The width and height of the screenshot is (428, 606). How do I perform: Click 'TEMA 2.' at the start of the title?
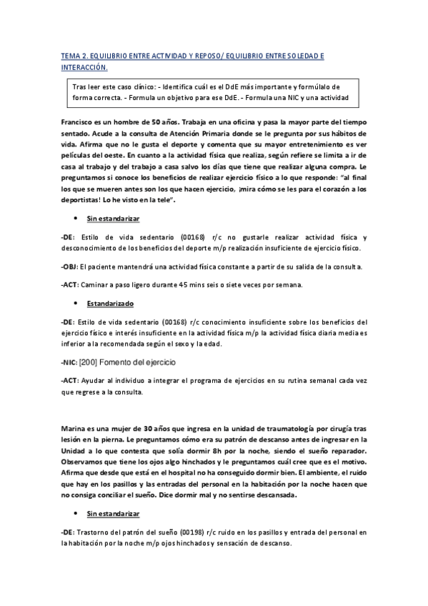coord(74,56)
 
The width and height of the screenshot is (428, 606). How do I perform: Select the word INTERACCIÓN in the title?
coord(84,68)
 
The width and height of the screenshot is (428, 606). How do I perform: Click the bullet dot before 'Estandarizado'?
coord(76,303)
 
